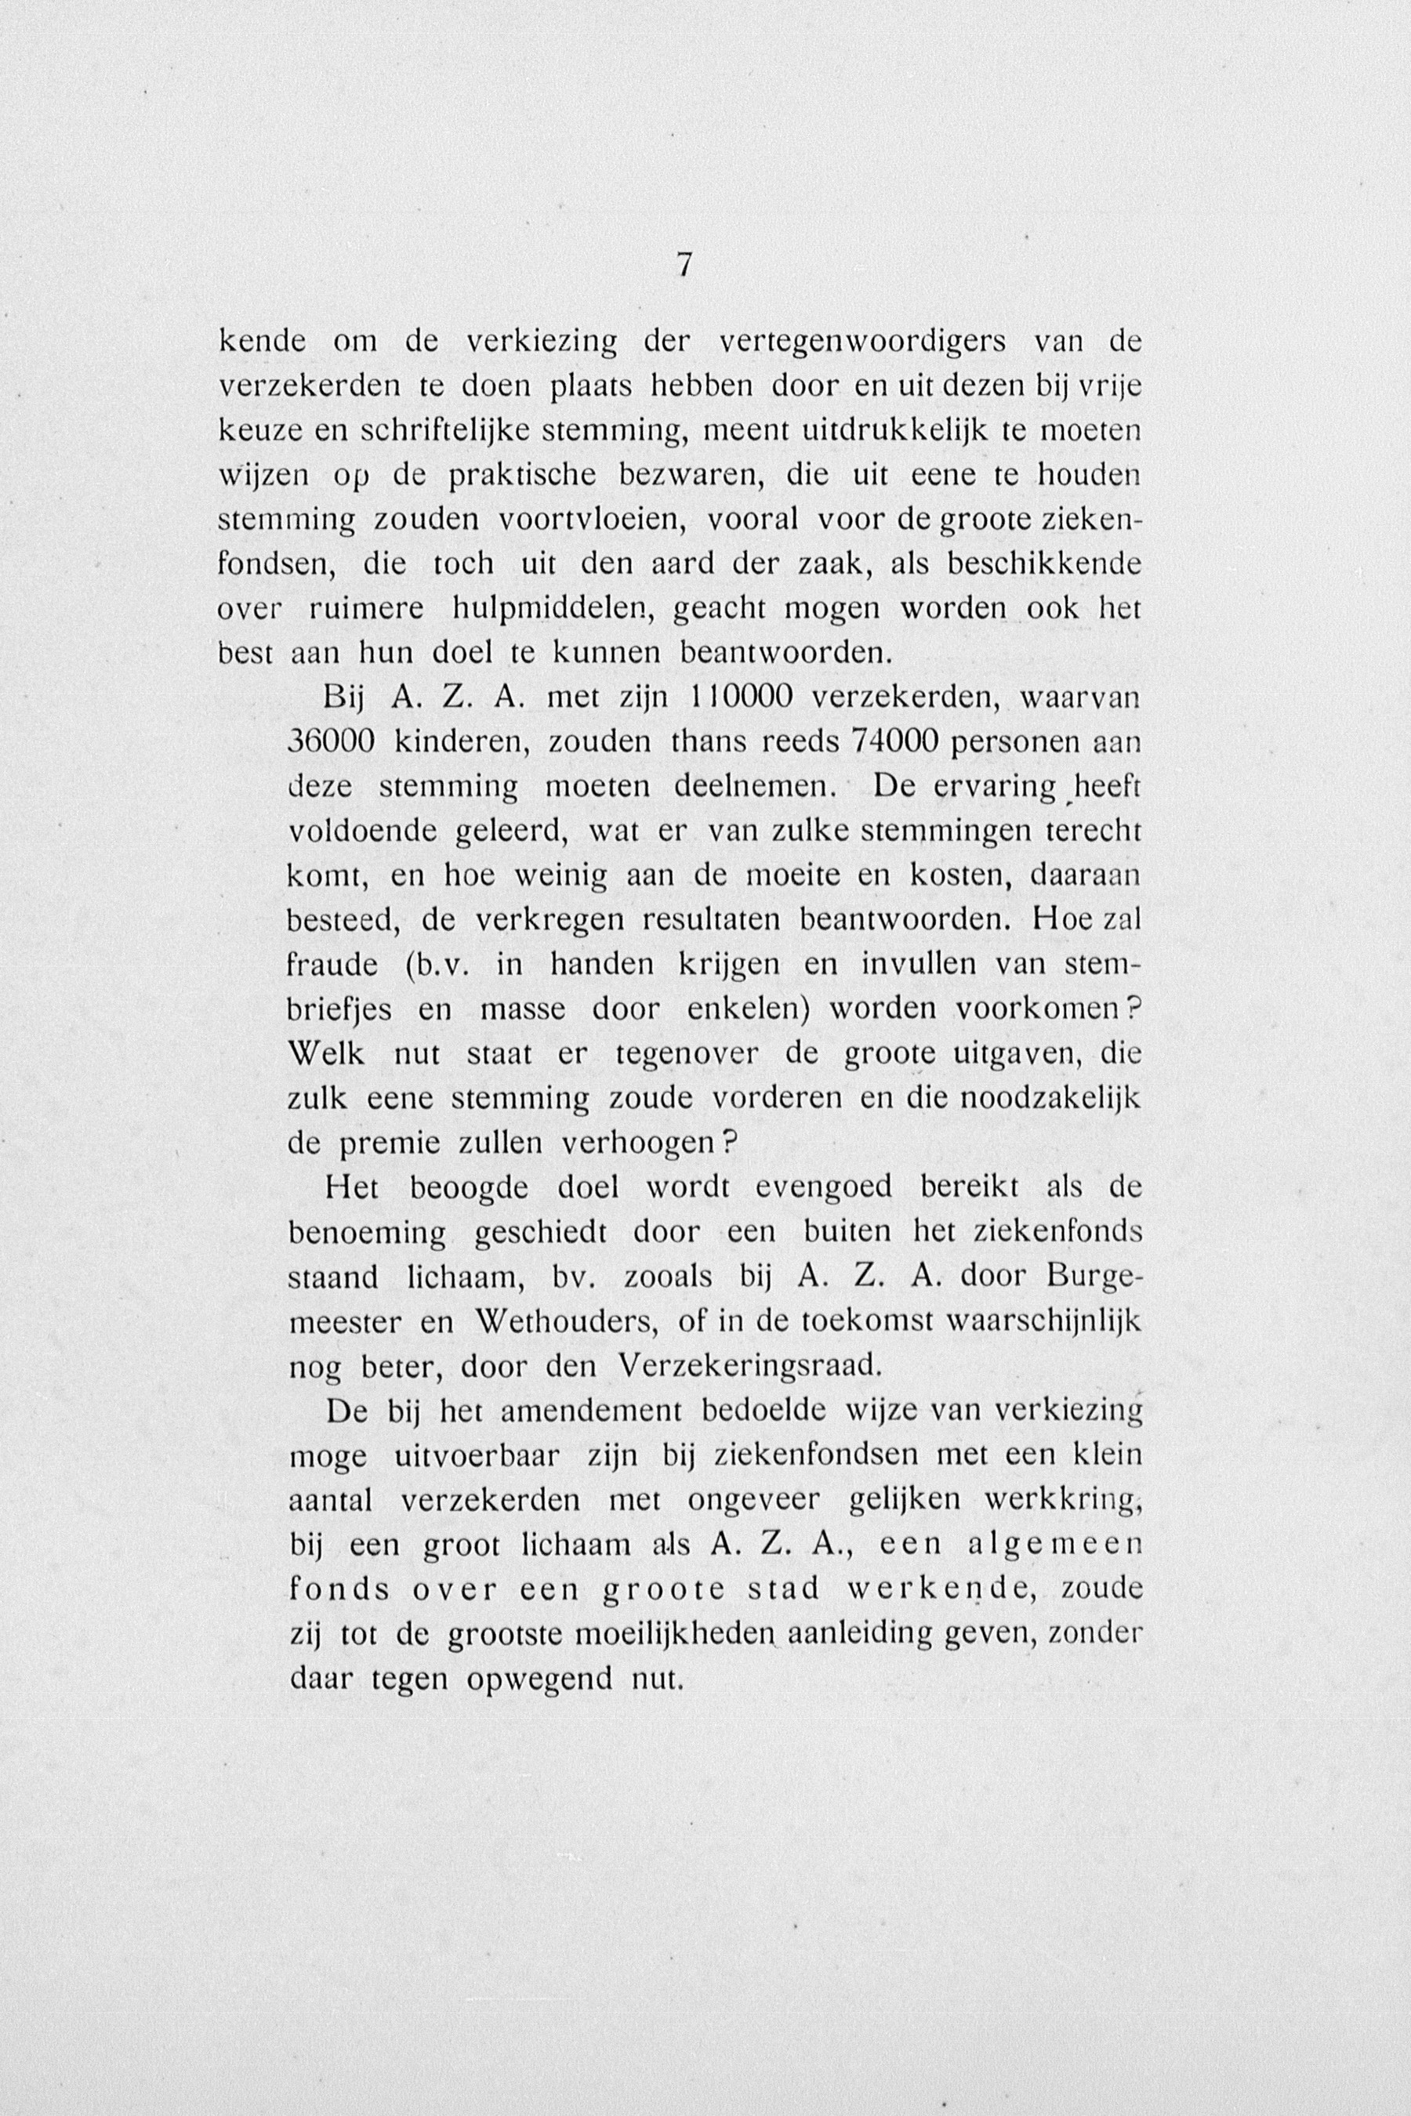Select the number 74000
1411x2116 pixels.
[895, 741]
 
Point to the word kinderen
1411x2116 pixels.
[462, 741]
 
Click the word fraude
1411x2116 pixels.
[333, 966]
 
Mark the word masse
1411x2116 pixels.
[522, 1009]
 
